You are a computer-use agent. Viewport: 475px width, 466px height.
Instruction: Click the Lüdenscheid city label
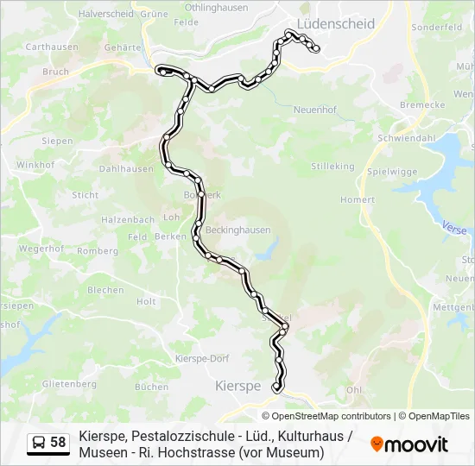click(x=335, y=23)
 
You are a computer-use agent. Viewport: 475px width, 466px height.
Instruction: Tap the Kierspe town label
click(x=237, y=387)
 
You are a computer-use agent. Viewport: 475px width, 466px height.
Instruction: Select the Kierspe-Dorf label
click(x=201, y=358)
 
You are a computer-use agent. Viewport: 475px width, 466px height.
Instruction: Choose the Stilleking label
click(x=332, y=166)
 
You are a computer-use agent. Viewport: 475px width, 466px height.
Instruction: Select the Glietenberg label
click(x=68, y=383)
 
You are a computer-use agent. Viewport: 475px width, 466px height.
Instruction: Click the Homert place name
click(x=358, y=199)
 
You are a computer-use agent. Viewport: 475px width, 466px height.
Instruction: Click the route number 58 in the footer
click(x=58, y=443)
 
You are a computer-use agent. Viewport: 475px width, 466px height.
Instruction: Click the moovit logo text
click(x=416, y=444)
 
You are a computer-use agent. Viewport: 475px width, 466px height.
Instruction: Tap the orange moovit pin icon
click(x=377, y=444)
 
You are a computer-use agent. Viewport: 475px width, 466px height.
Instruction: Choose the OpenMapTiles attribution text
click(x=439, y=416)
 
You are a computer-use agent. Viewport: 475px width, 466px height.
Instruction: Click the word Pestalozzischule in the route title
click(x=173, y=436)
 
